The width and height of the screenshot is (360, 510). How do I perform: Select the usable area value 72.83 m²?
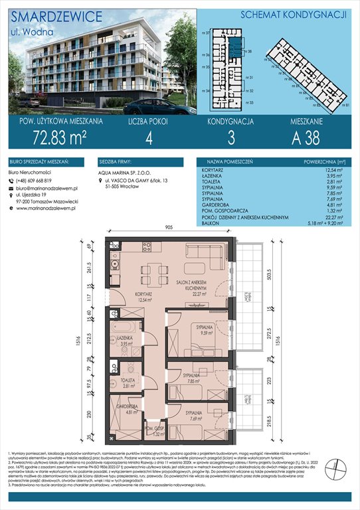pos(58,137)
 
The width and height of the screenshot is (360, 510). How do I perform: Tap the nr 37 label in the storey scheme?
pos(207,32)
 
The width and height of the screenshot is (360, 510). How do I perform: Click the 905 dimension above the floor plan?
pos(169,227)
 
